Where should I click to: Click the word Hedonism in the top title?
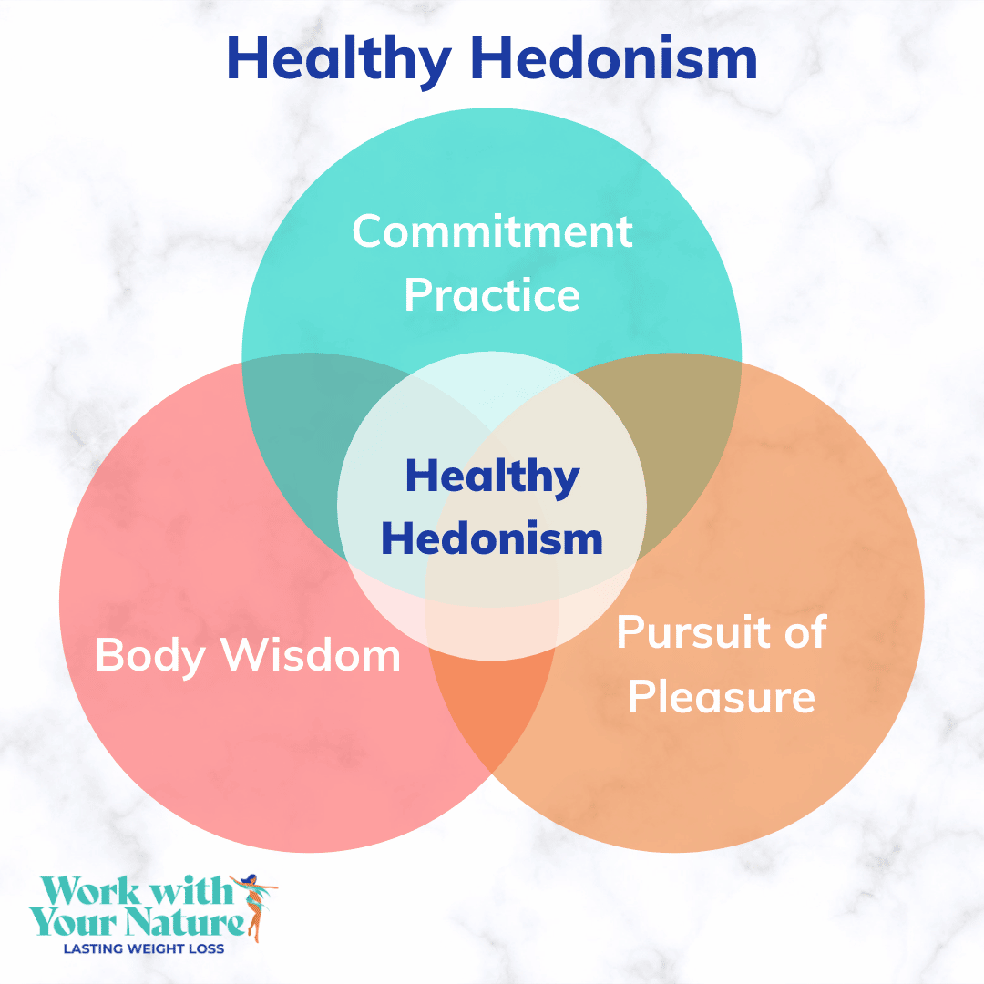click(614, 57)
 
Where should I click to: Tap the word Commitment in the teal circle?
click(492, 231)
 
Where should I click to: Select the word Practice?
click(492, 295)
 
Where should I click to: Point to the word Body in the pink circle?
click(150, 656)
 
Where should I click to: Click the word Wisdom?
click(311, 654)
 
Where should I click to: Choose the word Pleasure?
click(722, 696)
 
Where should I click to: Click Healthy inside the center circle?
click(493, 477)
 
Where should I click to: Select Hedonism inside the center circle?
click(492, 538)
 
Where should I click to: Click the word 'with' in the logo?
click(190, 890)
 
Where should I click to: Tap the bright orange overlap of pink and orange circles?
click(492, 709)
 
